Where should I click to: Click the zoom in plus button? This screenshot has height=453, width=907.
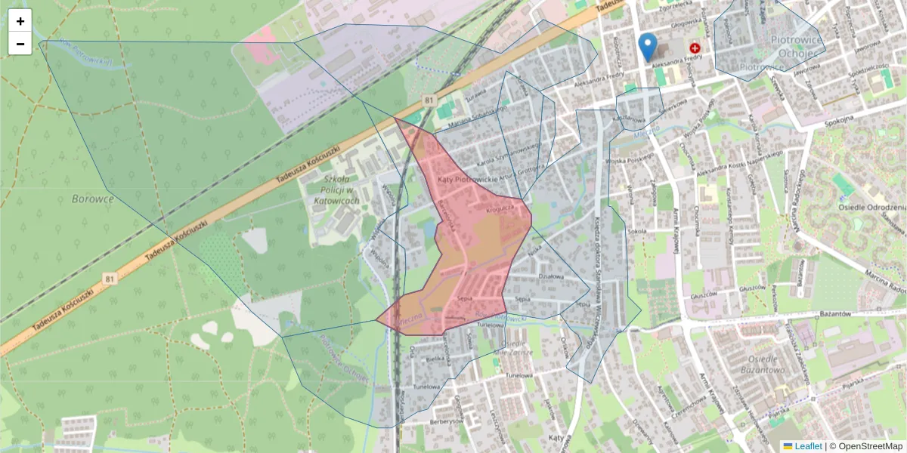tap(20, 21)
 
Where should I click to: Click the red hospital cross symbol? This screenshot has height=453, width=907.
tap(695, 48)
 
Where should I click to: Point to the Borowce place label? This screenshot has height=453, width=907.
tap(92, 199)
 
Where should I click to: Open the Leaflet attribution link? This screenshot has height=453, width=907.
tap(808, 446)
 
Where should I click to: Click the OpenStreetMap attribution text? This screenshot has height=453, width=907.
tap(870, 446)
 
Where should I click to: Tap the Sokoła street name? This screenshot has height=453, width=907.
tap(638, 232)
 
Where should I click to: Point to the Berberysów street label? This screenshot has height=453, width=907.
tap(446, 421)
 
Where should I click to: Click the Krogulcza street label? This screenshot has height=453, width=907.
tap(500, 205)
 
